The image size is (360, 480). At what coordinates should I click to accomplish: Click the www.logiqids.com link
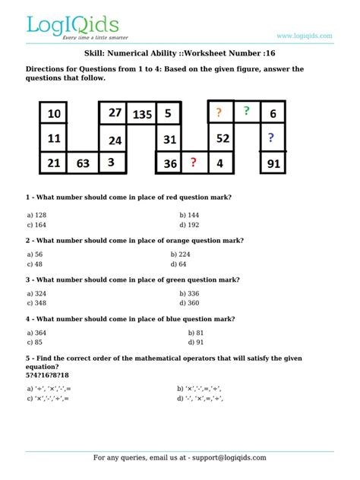(305, 36)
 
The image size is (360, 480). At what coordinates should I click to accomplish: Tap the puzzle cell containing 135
(142, 115)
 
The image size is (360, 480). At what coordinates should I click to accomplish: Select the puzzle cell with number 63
(83, 163)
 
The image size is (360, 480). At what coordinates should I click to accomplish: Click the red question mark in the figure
(194, 162)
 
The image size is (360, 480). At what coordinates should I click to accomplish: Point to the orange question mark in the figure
(219, 113)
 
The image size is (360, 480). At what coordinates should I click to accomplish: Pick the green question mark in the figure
(246, 112)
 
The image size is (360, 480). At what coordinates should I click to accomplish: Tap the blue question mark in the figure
(270, 138)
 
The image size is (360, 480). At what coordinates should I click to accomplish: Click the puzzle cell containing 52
(223, 138)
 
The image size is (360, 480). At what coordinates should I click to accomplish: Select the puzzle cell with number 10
(54, 115)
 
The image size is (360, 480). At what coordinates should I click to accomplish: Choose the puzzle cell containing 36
(170, 163)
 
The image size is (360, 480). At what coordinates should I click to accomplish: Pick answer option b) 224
(181, 254)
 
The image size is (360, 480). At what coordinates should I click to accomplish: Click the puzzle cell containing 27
(115, 112)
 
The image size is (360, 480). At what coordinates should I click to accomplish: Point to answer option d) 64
(178, 264)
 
